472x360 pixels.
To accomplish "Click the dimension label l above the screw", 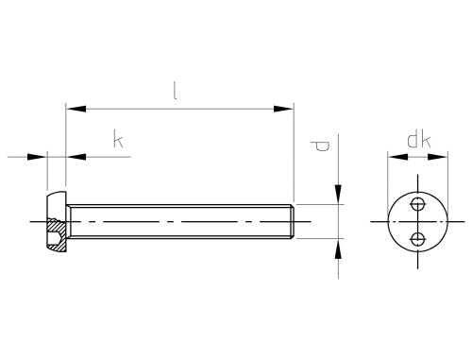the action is (175, 91).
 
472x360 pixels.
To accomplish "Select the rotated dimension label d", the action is (320, 146).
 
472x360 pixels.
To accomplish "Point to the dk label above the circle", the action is (419, 140).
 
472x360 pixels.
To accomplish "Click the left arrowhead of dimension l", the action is (76, 109).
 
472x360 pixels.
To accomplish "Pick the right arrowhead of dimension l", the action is (283, 109).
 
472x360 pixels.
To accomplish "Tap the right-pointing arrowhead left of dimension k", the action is (37, 157).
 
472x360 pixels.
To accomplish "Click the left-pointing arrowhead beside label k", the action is (76, 157).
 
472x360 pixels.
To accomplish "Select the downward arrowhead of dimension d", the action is (338, 195).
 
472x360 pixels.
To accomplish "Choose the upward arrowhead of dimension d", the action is (338, 249).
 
